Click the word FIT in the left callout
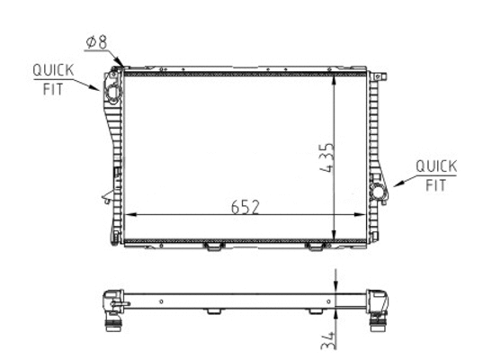[49, 88]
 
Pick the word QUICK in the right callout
[437, 166]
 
